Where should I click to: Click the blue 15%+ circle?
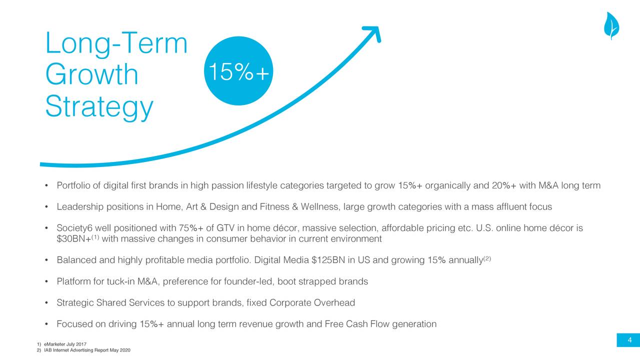[238, 71]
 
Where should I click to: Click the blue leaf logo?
[611, 25]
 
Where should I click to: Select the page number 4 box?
[628, 340]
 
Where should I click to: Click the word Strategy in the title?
[99, 107]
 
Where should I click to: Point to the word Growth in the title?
[91, 74]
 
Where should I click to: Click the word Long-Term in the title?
[116, 43]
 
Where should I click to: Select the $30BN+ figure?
[73, 239]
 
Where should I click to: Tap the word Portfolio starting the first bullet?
[74, 185]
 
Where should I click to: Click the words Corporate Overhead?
[312, 302]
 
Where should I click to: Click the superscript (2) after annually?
[487, 258]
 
